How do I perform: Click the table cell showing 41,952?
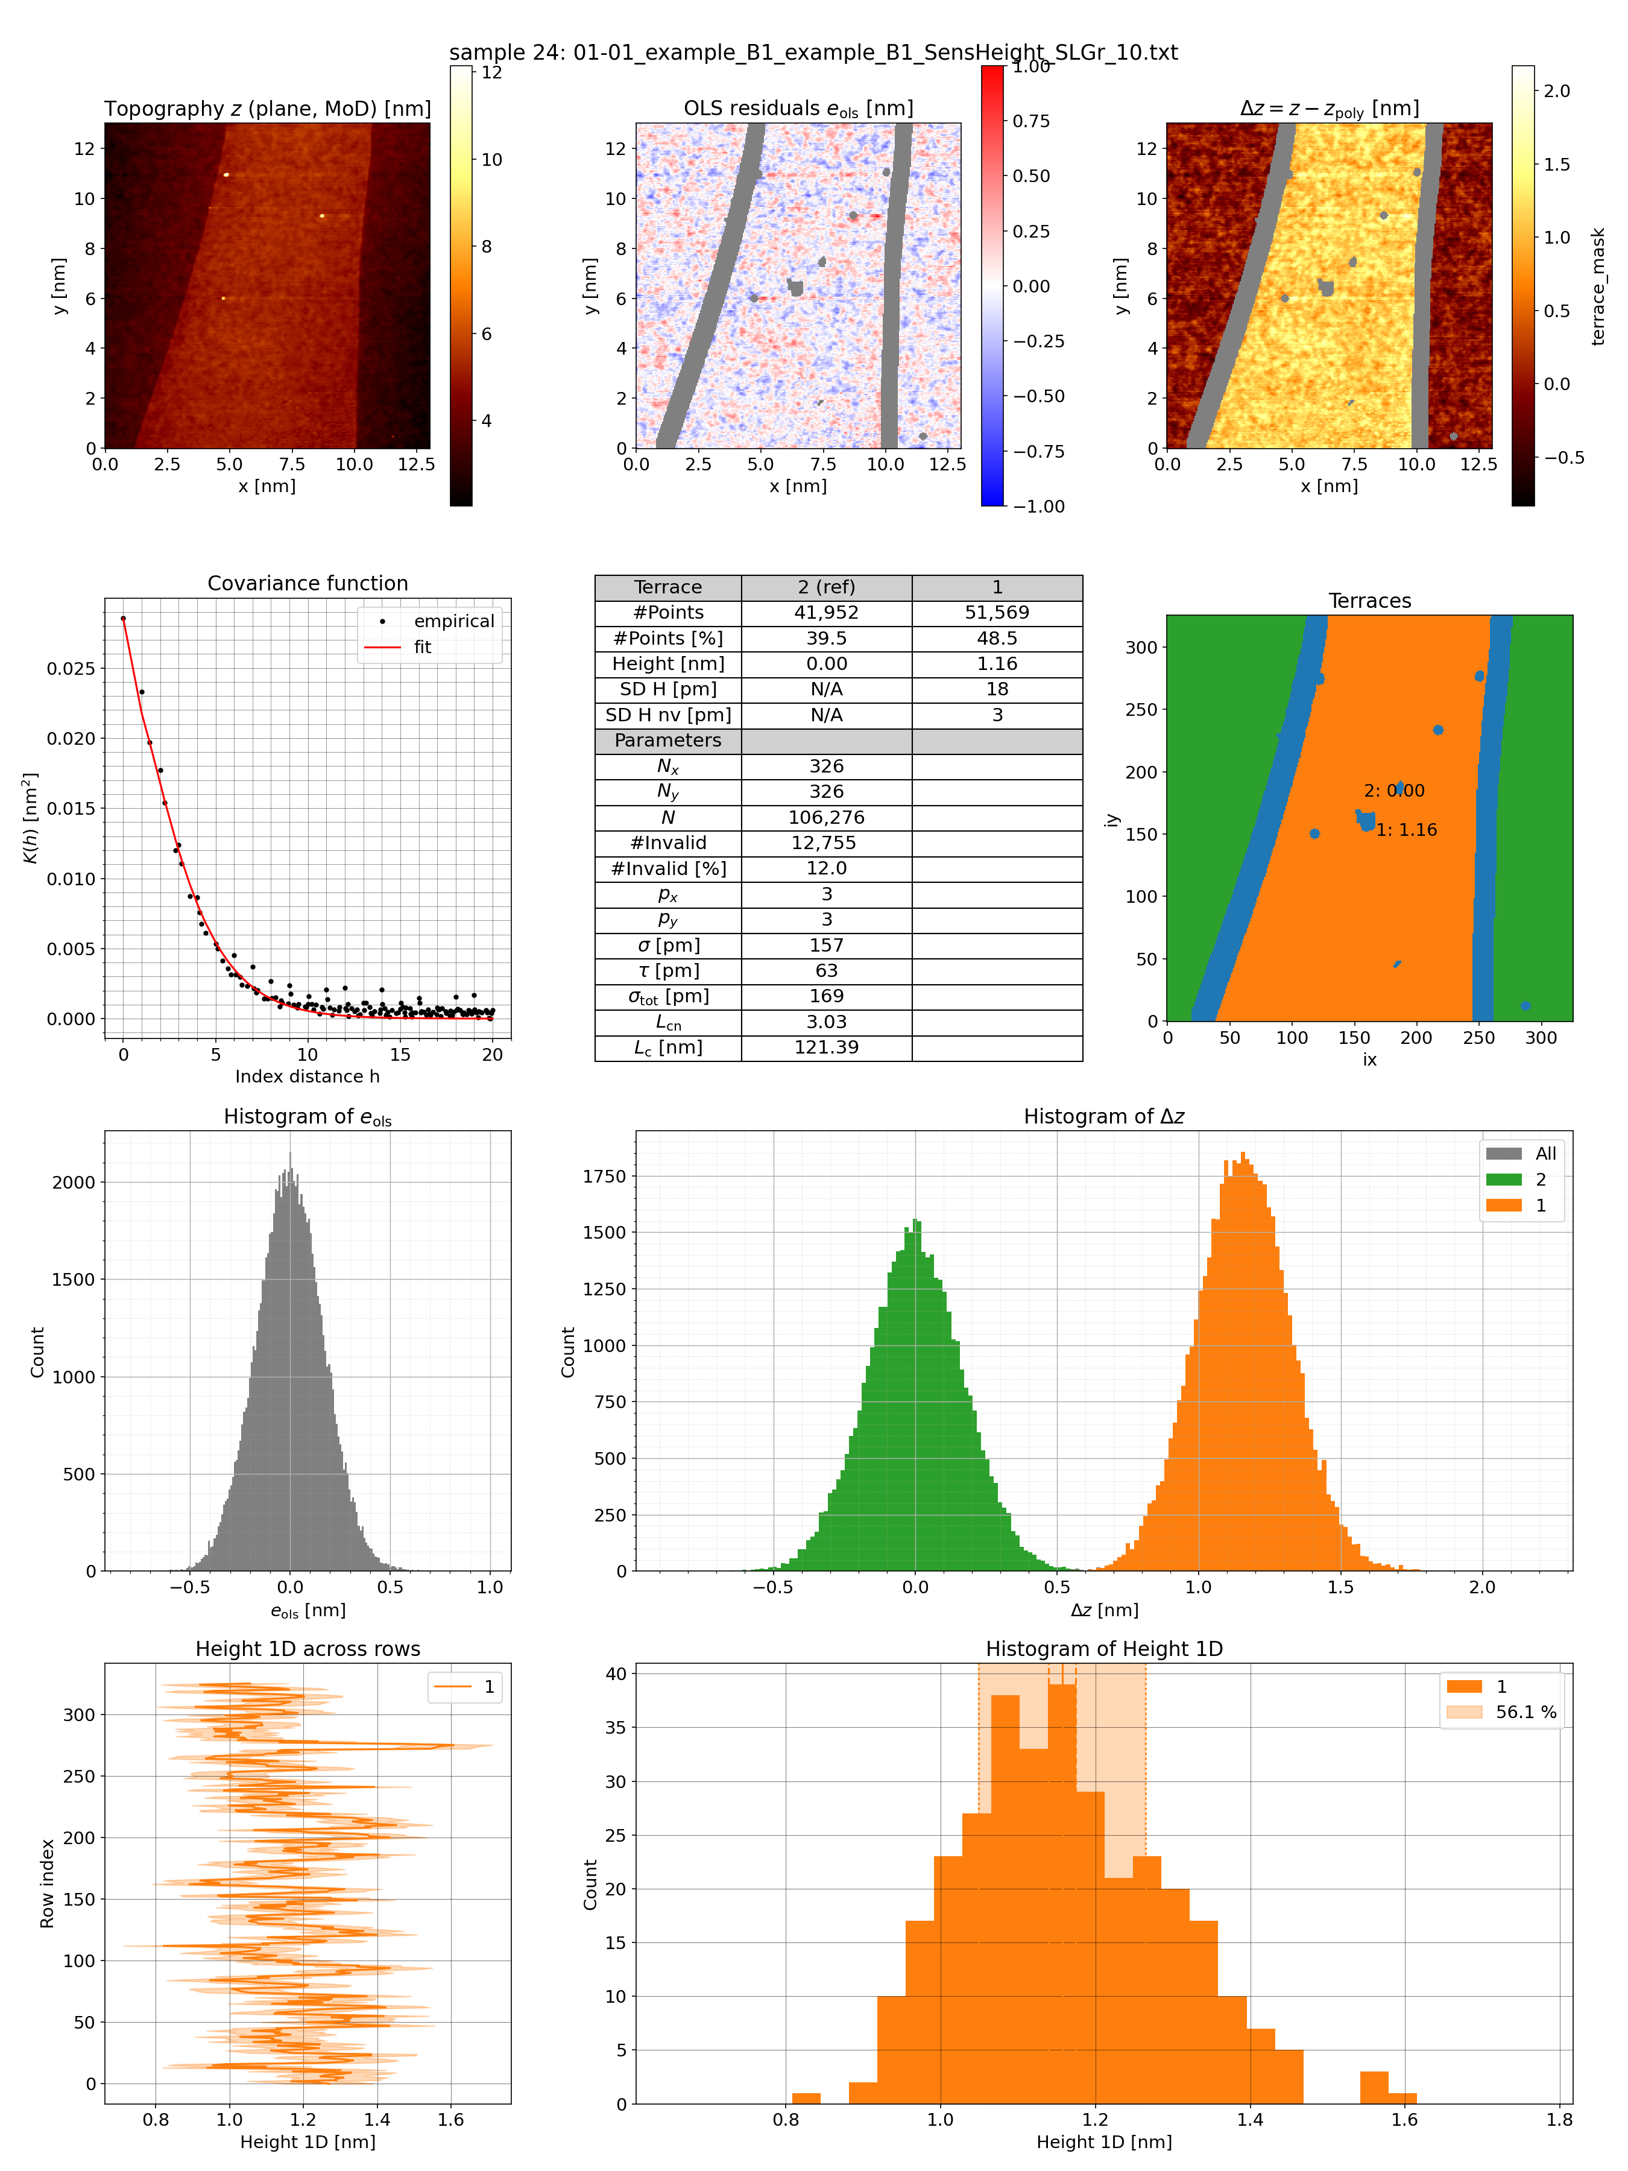[x=825, y=613]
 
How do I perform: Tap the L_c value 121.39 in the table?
[x=825, y=1048]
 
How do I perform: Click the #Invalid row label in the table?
[x=667, y=842]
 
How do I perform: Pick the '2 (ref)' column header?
[x=825, y=587]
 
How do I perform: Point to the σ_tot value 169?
[x=825, y=996]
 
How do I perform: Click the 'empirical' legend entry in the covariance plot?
[x=453, y=621]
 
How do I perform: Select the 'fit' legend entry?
[x=422, y=647]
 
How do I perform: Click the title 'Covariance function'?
[x=307, y=583]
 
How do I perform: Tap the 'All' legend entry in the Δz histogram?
[x=1545, y=1153]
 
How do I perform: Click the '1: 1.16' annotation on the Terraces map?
[x=1406, y=830]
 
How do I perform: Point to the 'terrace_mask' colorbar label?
[x=1598, y=286]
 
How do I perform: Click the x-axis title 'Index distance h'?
[x=307, y=1076]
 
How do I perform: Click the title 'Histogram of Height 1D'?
[x=1104, y=1649]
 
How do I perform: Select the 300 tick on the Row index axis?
[x=78, y=1714]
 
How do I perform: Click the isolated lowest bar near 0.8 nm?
[x=806, y=2099]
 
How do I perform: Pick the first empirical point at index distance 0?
[x=122, y=618]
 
